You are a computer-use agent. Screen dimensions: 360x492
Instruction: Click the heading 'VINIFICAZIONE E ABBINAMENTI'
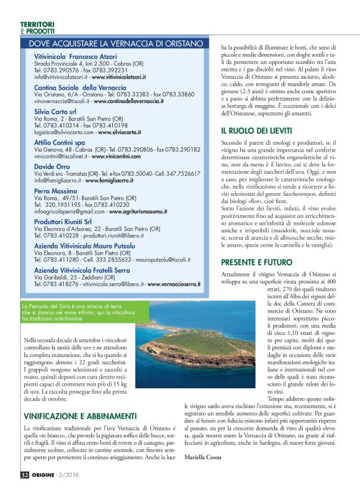click(x=80, y=399)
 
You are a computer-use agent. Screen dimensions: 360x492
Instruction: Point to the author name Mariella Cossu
click(x=205, y=457)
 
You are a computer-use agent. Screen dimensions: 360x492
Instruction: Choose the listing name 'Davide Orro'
click(x=53, y=166)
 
